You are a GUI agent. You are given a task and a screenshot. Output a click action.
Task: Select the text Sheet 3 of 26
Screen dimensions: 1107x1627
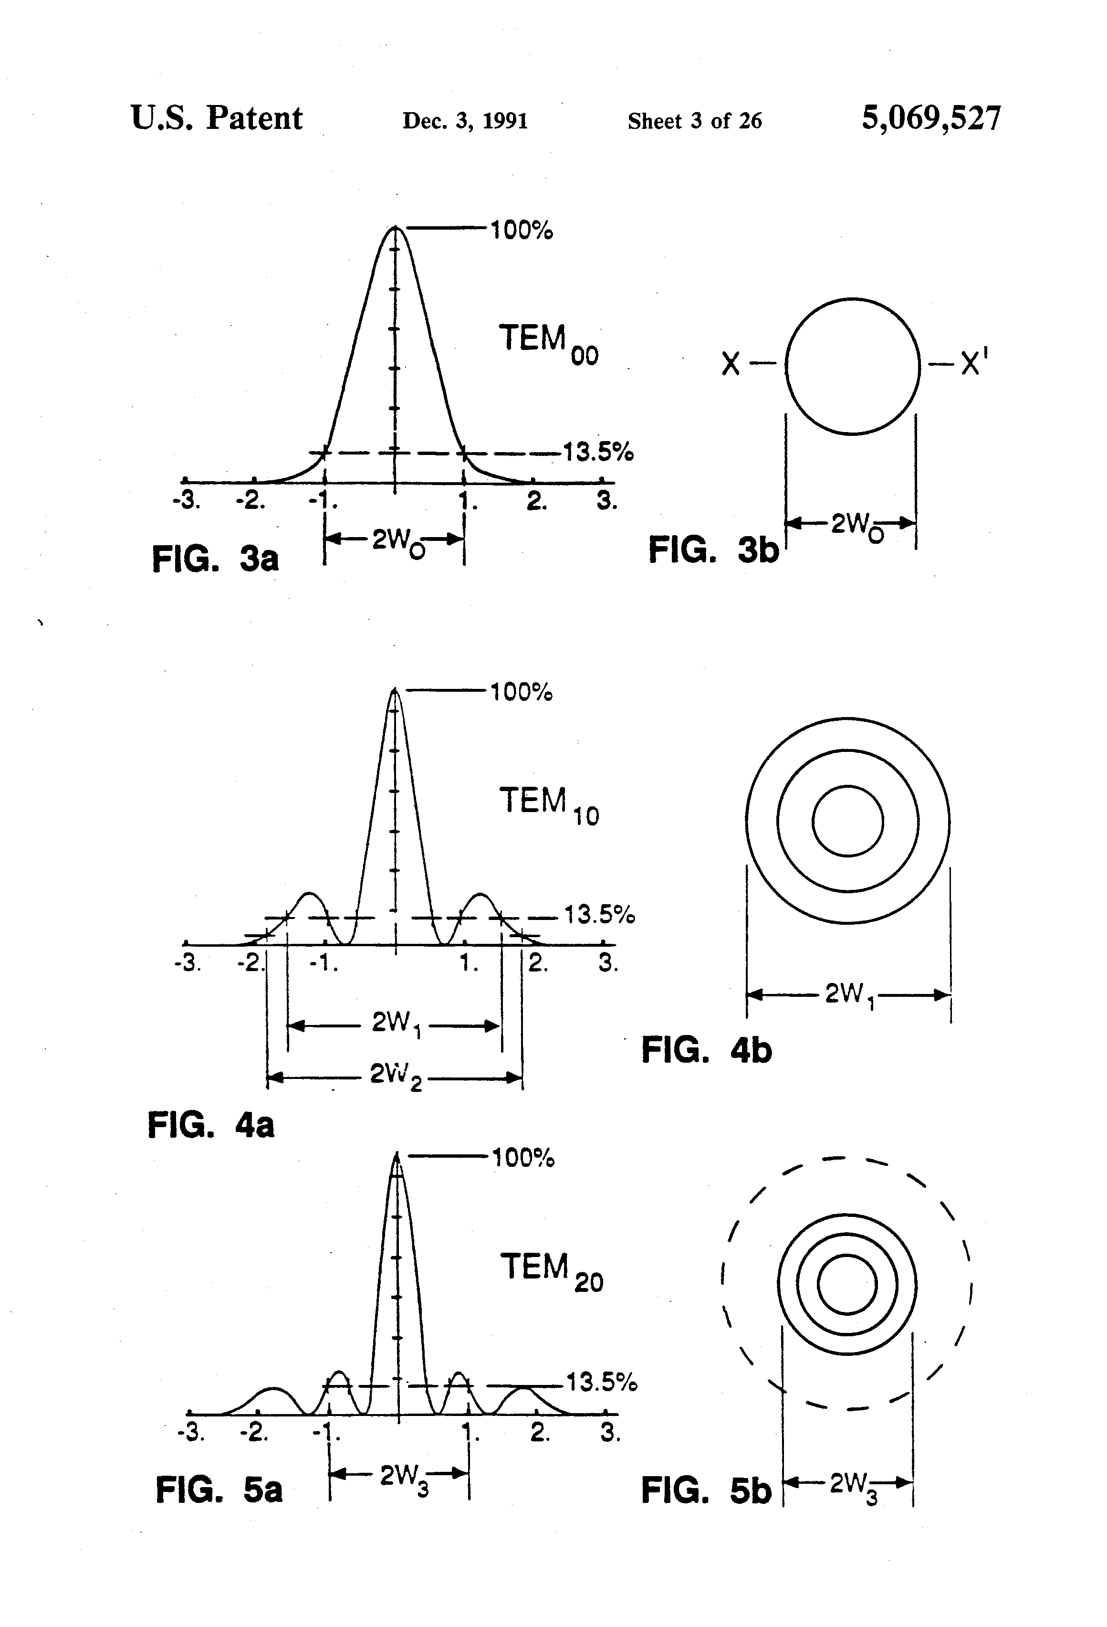695,121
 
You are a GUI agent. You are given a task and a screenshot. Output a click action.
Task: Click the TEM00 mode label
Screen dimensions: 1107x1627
549,343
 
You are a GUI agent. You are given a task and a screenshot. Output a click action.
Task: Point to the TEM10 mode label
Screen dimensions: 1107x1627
549,805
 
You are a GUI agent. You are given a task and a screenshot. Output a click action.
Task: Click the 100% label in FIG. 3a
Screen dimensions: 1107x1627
522,230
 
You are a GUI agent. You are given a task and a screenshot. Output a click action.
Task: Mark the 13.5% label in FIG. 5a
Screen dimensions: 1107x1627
602,1382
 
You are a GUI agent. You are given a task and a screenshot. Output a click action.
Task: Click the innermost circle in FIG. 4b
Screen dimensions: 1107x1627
847,821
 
